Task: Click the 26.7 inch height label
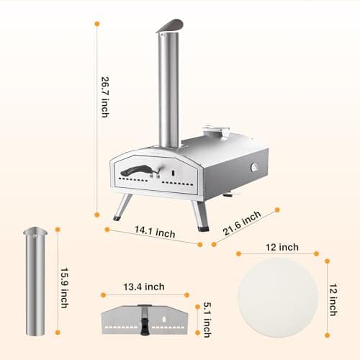coord(105,97)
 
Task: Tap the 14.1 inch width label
coord(155,232)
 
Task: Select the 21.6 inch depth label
coord(242,223)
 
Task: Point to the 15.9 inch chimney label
coord(64,288)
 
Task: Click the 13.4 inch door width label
coord(144,287)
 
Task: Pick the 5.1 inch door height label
coord(207,320)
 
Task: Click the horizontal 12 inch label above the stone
coord(282,247)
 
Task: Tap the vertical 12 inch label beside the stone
coord(333,300)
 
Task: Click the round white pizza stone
coord(278,297)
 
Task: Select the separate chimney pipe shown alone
coord(35,281)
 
